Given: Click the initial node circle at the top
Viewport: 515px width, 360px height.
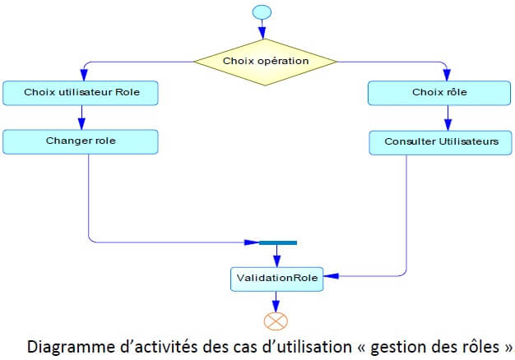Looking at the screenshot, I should coord(262,12).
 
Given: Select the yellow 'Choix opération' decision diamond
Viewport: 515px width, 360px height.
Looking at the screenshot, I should coord(265,61).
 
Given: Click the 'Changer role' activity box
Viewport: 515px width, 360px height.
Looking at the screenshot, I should coord(80,141).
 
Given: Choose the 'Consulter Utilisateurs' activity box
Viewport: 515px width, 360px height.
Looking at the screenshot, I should coord(441,141).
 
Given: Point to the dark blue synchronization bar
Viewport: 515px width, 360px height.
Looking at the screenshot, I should coord(277,242).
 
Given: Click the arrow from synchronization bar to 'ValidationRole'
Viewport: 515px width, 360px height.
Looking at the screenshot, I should coord(276,255).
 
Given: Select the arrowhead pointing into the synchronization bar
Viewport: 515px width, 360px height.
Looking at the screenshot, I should coord(253,242).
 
